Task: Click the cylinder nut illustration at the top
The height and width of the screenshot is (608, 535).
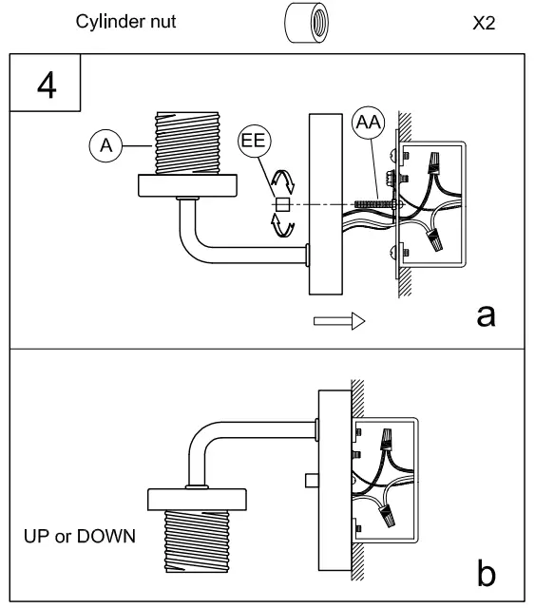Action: coord(307,23)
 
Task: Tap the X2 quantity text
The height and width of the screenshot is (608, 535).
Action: coord(484,23)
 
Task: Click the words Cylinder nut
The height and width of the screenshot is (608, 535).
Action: coord(125,22)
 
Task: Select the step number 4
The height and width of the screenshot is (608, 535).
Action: coord(47,85)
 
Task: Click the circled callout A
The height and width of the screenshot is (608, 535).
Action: coord(105,145)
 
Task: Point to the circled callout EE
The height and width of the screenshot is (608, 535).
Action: coord(255,141)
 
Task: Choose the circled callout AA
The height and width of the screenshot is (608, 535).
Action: coord(368,123)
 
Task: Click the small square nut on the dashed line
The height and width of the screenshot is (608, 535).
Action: coord(282,204)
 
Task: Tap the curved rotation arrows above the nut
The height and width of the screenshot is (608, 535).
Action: coord(282,181)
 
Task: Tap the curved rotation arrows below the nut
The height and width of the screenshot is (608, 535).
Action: coord(282,225)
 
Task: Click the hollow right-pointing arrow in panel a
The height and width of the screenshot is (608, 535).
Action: coord(339,321)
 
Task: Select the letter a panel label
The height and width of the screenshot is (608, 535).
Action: coord(486,315)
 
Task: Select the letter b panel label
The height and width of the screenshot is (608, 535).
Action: coord(486,572)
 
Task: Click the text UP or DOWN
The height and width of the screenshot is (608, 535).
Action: coord(80,536)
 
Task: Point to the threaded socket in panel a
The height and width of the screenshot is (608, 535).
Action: coord(187,142)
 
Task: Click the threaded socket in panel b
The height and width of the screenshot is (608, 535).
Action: coord(197,541)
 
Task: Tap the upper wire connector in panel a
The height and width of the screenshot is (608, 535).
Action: coord(433,162)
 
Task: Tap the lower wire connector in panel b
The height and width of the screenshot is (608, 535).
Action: coord(388,516)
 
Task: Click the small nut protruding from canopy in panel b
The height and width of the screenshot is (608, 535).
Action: coord(312,481)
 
